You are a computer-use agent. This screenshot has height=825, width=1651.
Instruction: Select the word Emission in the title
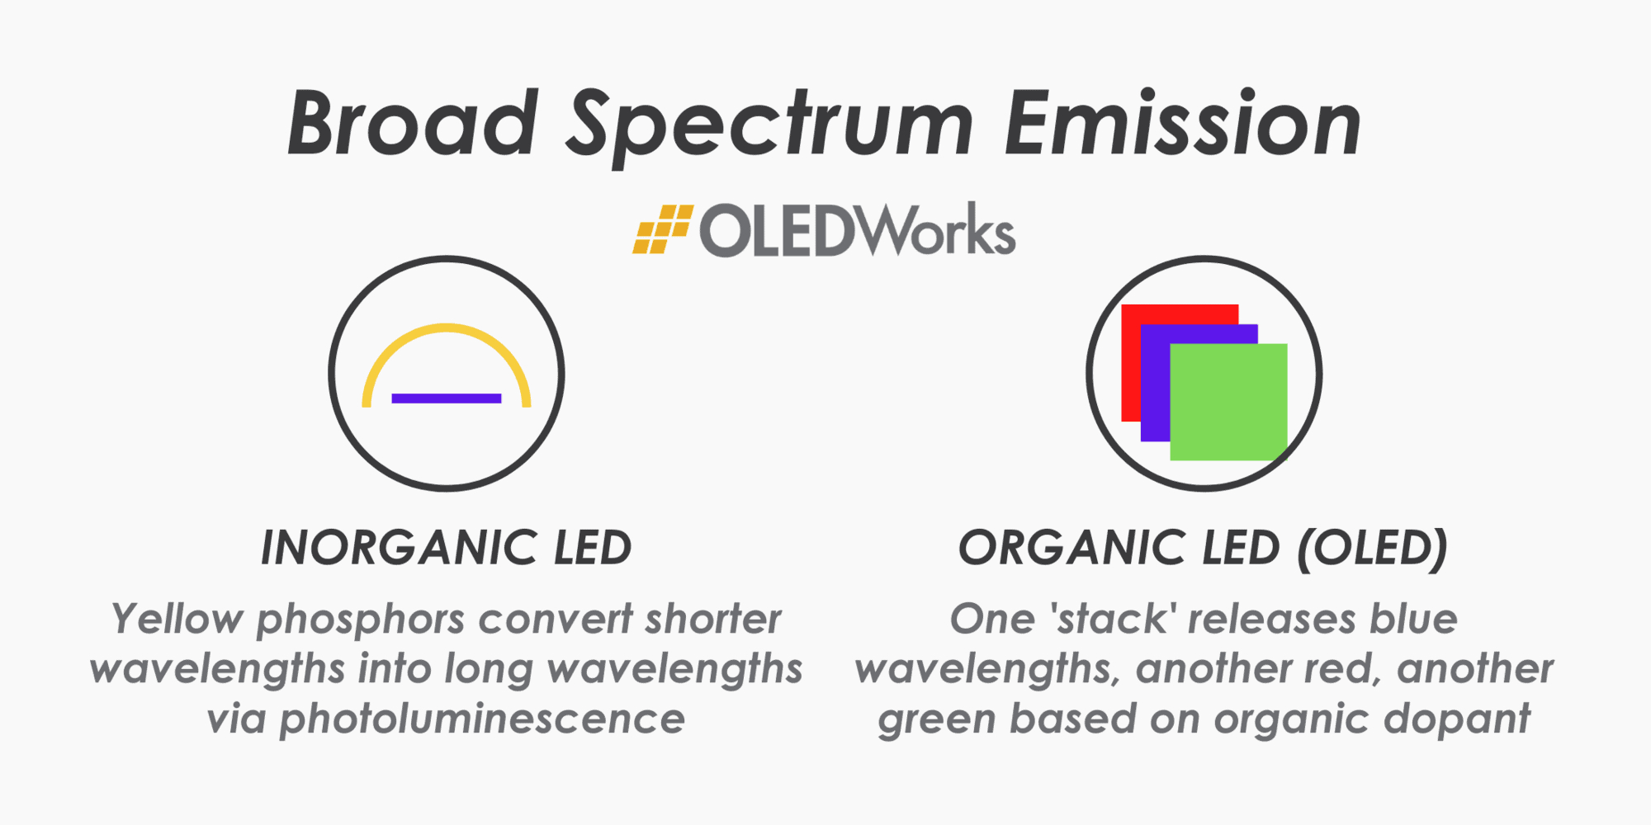tap(1182, 124)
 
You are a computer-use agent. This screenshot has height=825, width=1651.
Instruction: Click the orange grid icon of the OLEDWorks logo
tap(662, 229)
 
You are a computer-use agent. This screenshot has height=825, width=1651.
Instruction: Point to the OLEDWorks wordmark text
tap(857, 231)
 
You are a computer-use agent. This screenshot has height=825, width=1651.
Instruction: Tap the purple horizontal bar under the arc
tap(447, 398)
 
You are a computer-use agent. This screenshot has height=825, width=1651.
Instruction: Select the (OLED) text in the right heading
tap(1372, 548)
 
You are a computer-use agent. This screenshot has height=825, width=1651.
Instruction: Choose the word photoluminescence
tap(482, 719)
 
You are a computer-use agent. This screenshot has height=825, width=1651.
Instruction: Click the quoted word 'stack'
tap(1111, 619)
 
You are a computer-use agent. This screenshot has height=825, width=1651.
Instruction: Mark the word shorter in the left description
tap(712, 619)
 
